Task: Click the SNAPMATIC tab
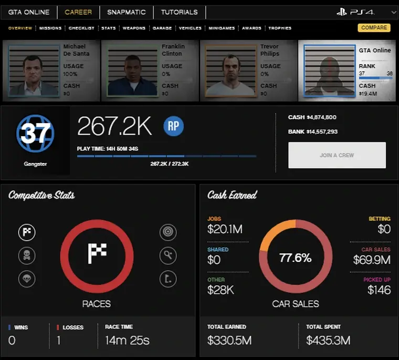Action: coord(126,12)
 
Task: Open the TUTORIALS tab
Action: coord(179,12)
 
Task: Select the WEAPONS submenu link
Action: coord(134,28)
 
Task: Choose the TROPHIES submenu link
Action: coord(280,28)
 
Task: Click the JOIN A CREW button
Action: coord(337,155)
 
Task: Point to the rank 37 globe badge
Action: coord(35,135)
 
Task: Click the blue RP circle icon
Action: coord(173,127)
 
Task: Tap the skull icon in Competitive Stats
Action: coord(27,256)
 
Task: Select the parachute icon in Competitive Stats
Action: coord(27,279)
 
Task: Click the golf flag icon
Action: coord(168,279)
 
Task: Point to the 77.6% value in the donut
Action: coord(295,258)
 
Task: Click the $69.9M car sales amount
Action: coord(371,260)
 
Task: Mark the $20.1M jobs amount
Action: coord(225,229)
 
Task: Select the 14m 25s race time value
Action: coord(127,340)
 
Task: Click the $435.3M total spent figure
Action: coord(328,340)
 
